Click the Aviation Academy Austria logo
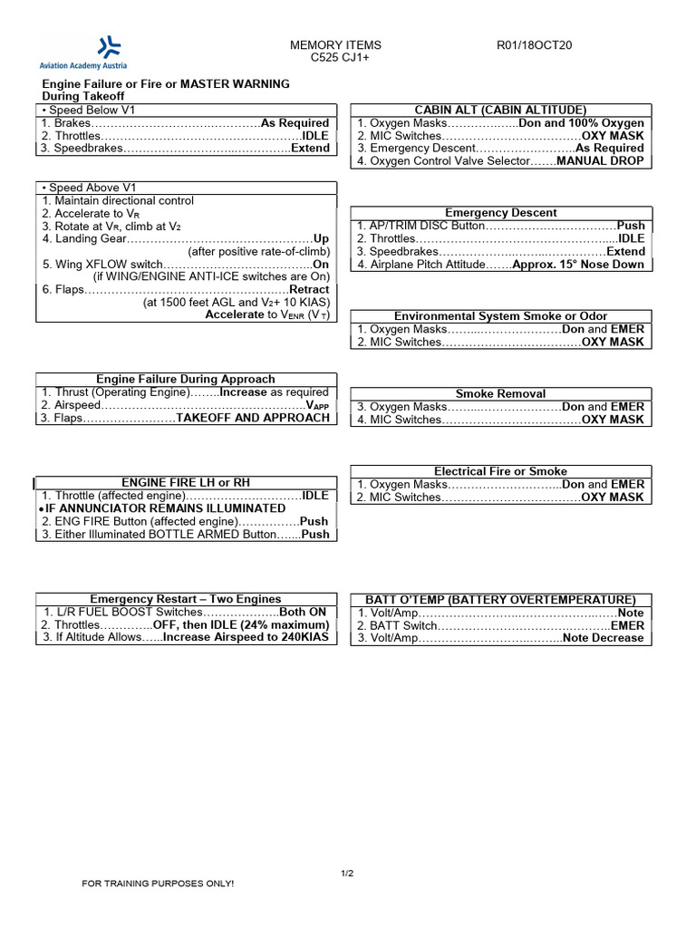click(x=82, y=53)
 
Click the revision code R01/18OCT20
click(x=534, y=45)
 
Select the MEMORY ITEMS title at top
click(x=335, y=45)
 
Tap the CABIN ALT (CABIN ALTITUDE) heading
click(x=500, y=110)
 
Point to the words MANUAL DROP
click(x=600, y=161)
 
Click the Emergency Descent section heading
click(x=500, y=213)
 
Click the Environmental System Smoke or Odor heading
click(x=500, y=316)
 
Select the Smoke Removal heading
click(x=500, y=394)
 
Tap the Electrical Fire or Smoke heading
click(x=500, y=471)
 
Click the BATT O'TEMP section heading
click(x=500, y=600)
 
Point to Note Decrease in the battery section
click(x=603, y=638)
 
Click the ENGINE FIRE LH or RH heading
click(x=186, y=483)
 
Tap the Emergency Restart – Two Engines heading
click(x=186, y=599)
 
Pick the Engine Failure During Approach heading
click(x=186, y=379)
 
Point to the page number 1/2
click(x=346, y=873)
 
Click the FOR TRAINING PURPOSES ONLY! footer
click(x=158, y=884)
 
